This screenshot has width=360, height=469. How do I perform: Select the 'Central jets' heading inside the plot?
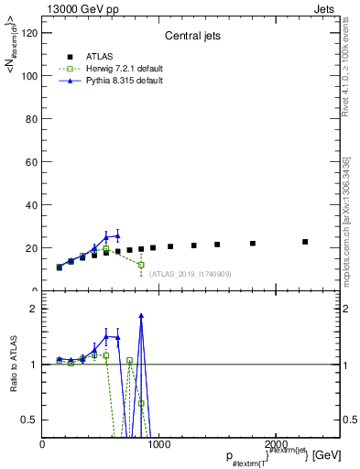coord(190,37)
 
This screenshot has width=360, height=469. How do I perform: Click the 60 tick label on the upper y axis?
coord(30,162)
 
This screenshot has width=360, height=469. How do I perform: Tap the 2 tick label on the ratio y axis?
coord(34,309)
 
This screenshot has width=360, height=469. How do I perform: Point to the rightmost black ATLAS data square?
coord(305,242)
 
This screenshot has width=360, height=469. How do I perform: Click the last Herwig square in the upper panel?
coord(141,265)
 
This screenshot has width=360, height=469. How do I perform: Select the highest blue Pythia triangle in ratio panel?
coord(141,316)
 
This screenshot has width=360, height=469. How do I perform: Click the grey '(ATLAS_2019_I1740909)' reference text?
coord(190,274)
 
